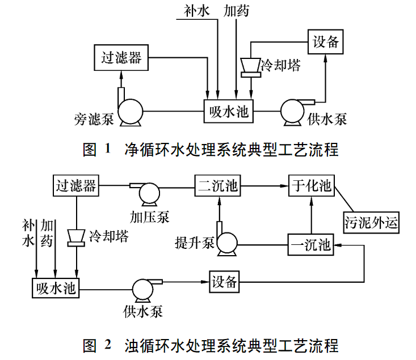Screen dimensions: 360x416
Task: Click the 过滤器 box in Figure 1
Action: click(x=121, y=57)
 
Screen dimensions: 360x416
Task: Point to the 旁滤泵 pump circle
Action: click(x=130, y=112)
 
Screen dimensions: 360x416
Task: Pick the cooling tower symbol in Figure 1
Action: click(x=250, y=66)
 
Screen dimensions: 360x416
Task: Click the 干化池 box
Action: click(x=311, y=185)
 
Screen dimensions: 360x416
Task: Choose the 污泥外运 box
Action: click(x=371, y=222)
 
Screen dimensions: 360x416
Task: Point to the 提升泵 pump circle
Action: click(x=226, y=243)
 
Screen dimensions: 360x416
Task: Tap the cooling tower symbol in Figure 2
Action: click(x=75, y=237)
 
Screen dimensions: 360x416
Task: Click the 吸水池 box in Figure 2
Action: click(x=54, y=287)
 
